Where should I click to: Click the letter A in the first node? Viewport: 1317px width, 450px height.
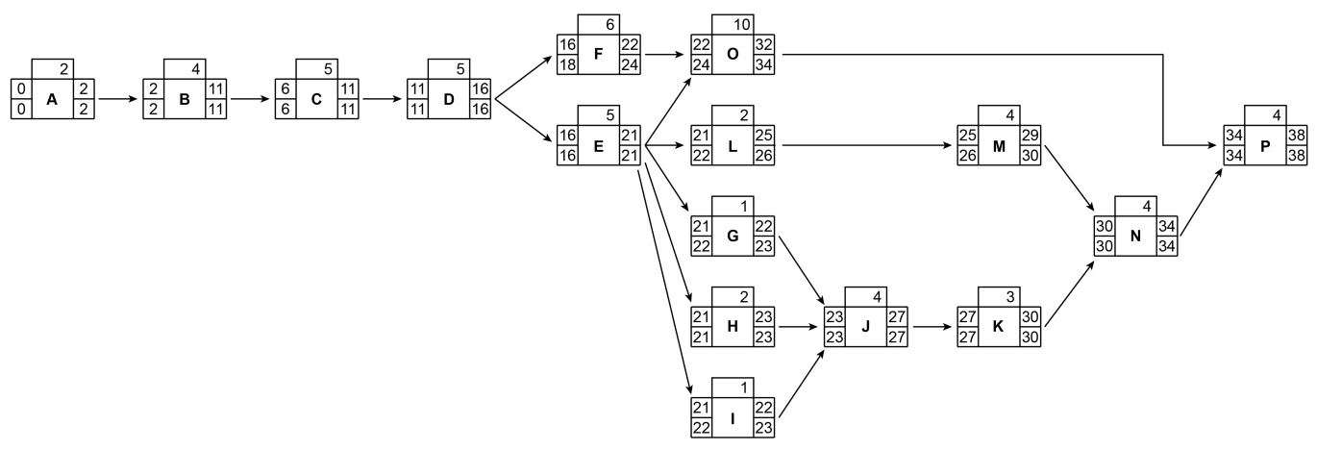pos(53,98)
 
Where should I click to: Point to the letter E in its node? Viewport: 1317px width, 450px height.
pos(598,148)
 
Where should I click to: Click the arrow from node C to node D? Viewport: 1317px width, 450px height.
pos(382,98)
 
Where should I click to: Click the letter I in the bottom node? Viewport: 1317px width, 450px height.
pos(733,419)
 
